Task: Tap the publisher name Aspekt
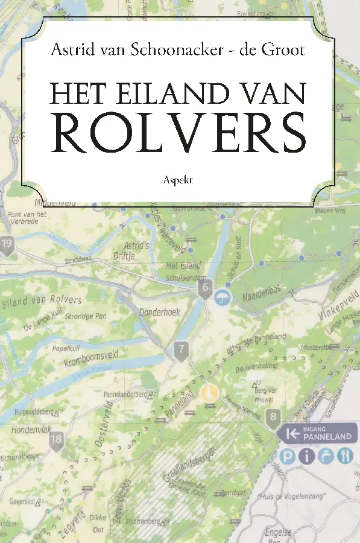[178, 179]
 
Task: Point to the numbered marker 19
[7, 244]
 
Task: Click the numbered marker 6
[206, 287]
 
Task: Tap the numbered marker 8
[274, 416]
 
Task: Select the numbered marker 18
[56, 439]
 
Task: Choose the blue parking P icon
[288, 456]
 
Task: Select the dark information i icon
[308, 456]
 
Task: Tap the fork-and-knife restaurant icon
[346, 456]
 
